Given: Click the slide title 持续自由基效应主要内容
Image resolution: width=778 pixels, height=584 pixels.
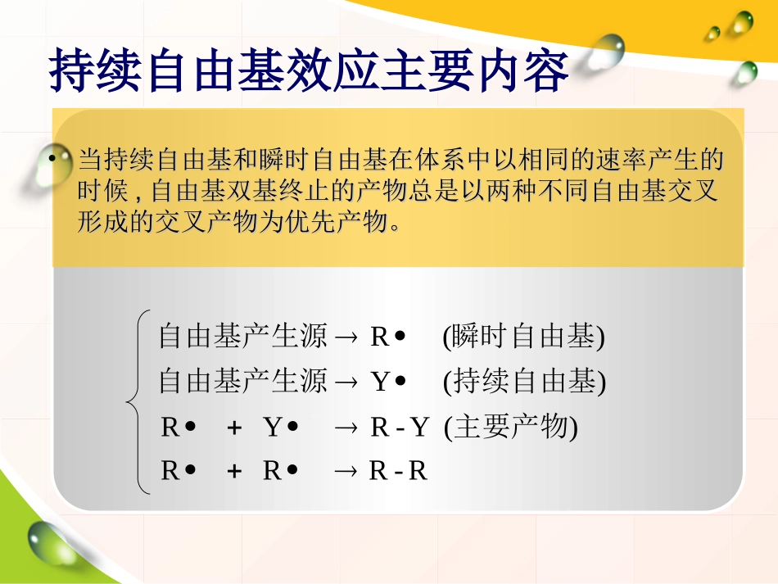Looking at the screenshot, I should (310, 72).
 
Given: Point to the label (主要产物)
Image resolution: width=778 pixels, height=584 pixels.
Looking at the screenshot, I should (511, 428).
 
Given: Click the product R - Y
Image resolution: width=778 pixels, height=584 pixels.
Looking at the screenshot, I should (400, 428).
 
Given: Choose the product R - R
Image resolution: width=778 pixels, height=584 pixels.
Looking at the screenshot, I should (398, 472).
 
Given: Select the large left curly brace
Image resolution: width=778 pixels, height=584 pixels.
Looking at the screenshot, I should (136, 401).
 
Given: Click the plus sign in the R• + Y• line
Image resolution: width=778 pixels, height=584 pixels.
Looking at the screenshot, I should (233, 428).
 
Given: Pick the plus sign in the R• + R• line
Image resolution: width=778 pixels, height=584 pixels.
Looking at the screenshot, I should (233, 472).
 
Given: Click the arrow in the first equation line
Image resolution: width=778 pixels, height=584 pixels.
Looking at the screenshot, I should (346, 337).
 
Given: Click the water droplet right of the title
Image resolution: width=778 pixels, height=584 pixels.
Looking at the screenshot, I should (605, 52).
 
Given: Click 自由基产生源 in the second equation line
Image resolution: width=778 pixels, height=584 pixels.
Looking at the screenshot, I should (242, 382).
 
